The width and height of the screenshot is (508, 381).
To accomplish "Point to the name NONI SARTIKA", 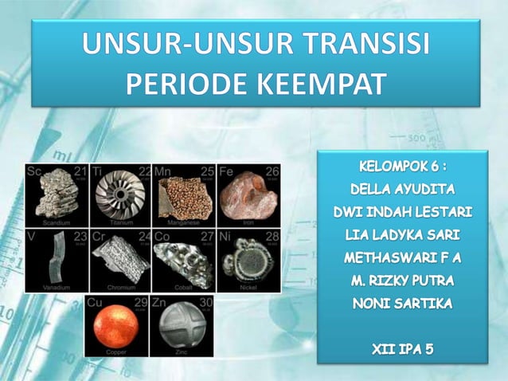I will click(402, 304).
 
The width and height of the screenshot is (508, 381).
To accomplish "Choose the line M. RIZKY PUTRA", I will click(402, 281).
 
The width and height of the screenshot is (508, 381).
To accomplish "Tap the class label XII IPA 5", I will click(402, 348).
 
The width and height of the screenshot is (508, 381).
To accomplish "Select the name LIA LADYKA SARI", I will click(402, 235).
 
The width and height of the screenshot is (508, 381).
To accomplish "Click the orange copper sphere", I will click(117, 327).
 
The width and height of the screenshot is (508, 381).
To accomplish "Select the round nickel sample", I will click(248, 260).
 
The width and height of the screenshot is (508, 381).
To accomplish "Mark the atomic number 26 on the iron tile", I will click(272, 171).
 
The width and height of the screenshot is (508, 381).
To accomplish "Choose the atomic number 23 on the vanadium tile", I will click(80, 236).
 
